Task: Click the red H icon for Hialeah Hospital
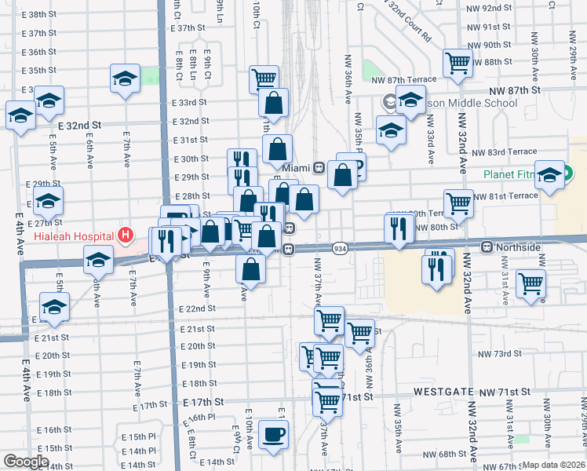124,234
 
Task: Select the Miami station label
297,168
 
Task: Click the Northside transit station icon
487,247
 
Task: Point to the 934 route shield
339,247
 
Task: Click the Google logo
26,462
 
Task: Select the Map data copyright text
554,465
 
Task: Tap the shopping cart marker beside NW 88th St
458,63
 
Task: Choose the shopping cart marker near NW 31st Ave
531,283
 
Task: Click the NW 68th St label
453,455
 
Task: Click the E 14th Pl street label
137,451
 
